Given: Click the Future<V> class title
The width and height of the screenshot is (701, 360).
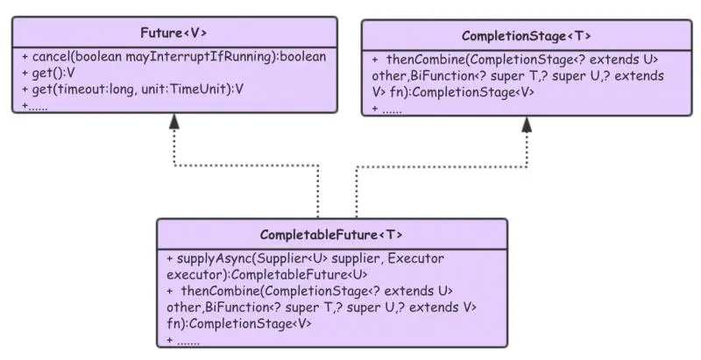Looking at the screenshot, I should click(173, 33).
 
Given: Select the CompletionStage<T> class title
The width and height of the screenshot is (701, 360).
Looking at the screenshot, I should click(526, 36).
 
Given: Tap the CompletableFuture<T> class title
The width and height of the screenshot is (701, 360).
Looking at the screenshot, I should click(331, 235).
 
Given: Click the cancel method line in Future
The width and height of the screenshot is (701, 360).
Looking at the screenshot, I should click(173, 57).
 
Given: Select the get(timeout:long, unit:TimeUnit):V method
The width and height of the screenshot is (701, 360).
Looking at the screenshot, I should click(131, 88).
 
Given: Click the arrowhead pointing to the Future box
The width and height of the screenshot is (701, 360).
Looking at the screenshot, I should click(174, 124).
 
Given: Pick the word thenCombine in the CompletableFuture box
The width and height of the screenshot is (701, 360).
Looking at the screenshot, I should click(224, 292).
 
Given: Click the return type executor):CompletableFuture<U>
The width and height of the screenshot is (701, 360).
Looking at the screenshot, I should click(254, 276).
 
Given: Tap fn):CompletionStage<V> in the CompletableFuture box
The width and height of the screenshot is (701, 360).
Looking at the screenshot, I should click(239, 323).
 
